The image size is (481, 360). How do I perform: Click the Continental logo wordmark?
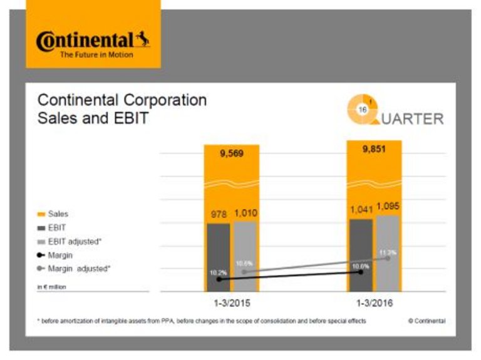[x=85, y=41]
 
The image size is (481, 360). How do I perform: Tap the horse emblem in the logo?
[x=143, y=40]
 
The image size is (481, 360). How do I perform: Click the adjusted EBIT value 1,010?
[x=246, y=214]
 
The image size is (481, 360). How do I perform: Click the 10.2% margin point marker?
[x=217, y=280]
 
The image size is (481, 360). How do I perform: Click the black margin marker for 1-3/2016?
[x=361, y=272]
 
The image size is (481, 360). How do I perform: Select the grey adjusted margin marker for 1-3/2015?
[x=245, y=272]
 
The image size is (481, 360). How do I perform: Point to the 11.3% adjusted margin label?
[x=388, y=252]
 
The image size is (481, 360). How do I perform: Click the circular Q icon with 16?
[x=362, y=108]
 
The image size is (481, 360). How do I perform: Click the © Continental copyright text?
[x=427, y=321]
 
